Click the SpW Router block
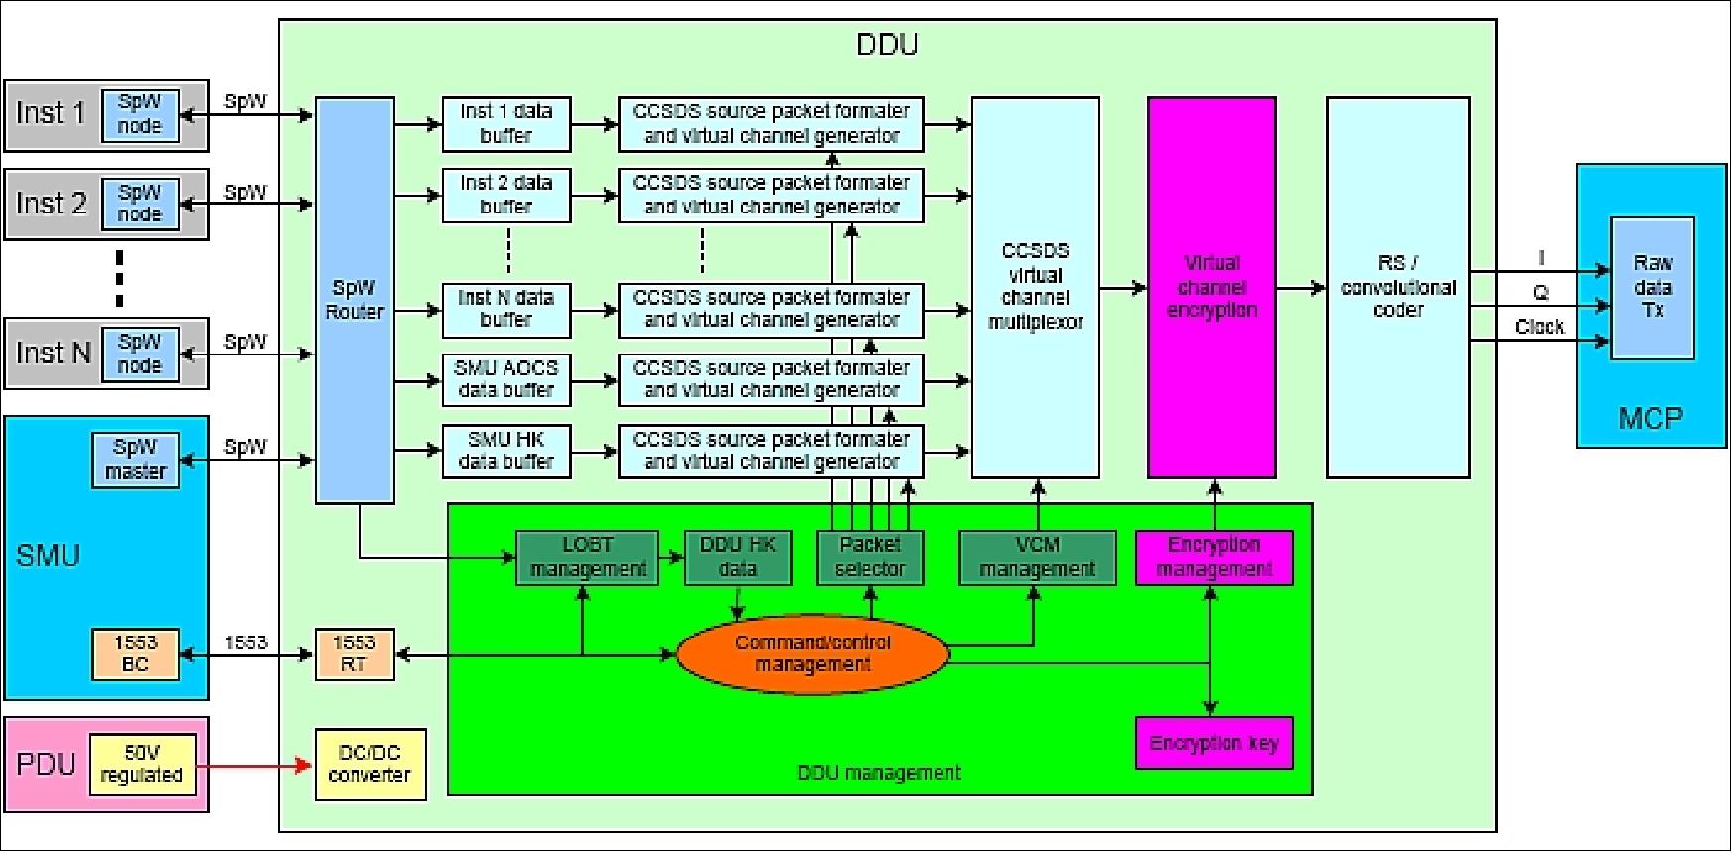point(355,300)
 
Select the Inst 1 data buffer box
point(506,124)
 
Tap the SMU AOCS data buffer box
point(506,379)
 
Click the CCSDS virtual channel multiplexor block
point(1035,287)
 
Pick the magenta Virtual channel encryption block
point(1212,287)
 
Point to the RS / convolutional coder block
point(1397,287)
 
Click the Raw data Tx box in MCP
point(1653,288)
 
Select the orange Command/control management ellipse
point(812,653)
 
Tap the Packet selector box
point(870,557)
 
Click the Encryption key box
point(1214,743)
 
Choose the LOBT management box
point(587,557)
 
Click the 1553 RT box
point(355,653)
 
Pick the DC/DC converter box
point(369,764)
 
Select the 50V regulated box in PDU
point(142,764)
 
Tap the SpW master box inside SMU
point(136,459)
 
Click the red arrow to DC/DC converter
point(253,766)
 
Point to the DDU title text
point(887,45)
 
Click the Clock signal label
point(1539,327)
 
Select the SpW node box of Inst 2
point(140,204)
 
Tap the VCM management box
point(1037,557)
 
